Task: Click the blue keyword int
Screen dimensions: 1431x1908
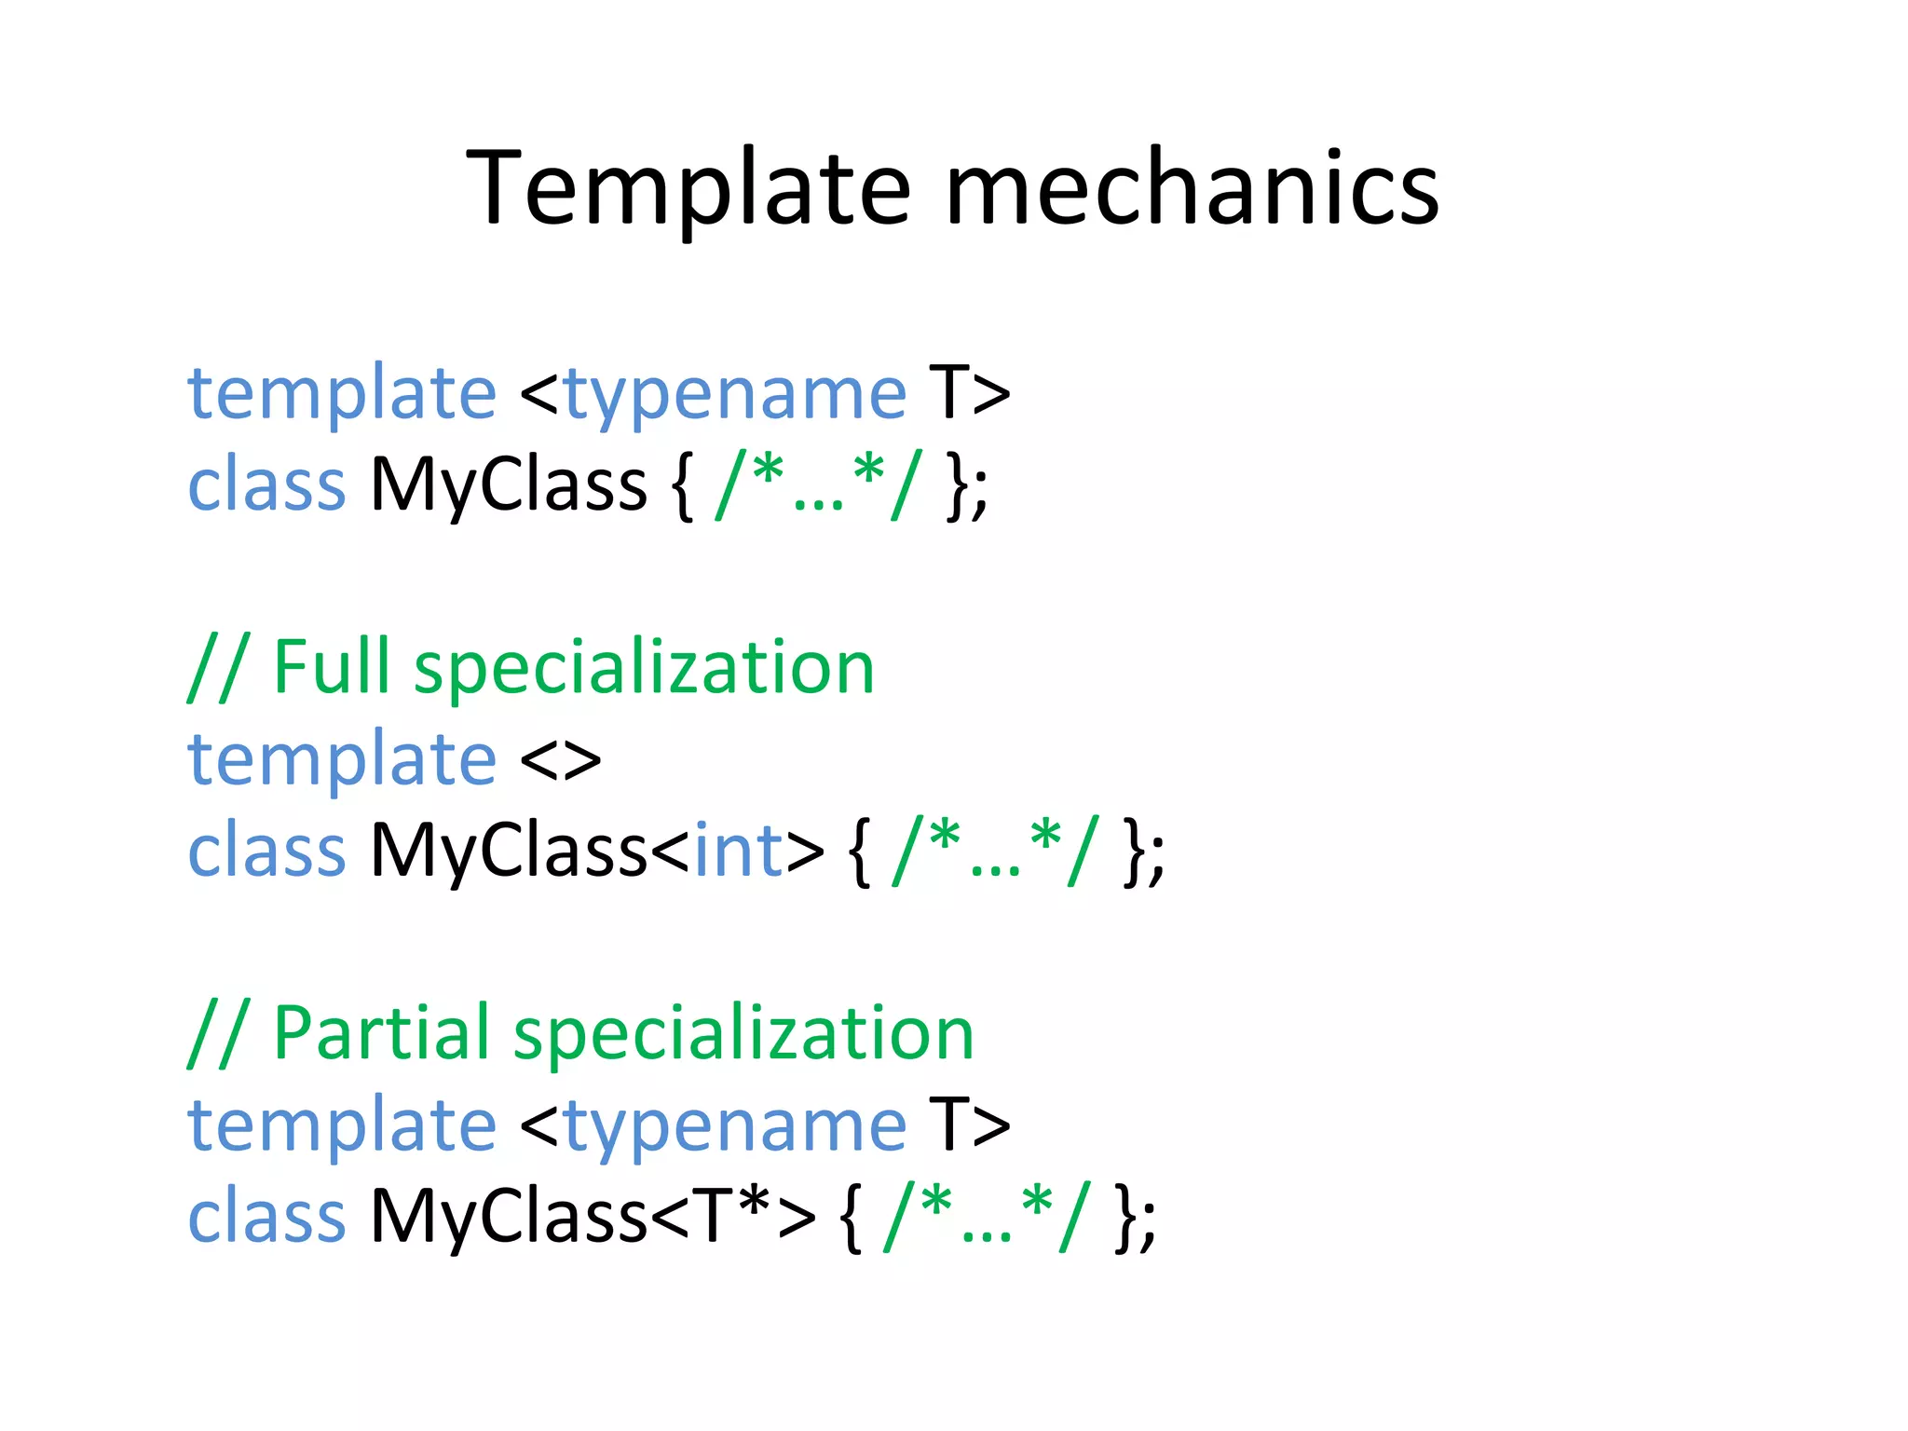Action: (x=738, y=850)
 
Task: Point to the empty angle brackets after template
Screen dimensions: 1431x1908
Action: (x=560, y=760)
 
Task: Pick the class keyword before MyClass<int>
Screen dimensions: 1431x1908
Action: (x=266, y=850)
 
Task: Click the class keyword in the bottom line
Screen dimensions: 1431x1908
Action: (x=266, y=1216)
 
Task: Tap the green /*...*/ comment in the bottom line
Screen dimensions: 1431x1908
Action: (x=984, y=1216)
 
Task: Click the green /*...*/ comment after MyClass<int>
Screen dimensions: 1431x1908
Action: (x=995, y=850)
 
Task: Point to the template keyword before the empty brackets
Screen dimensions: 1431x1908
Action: (x=342, y=760)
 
